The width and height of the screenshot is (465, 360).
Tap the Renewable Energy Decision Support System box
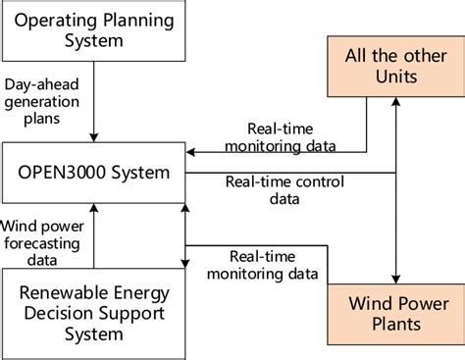click(92, 313)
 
